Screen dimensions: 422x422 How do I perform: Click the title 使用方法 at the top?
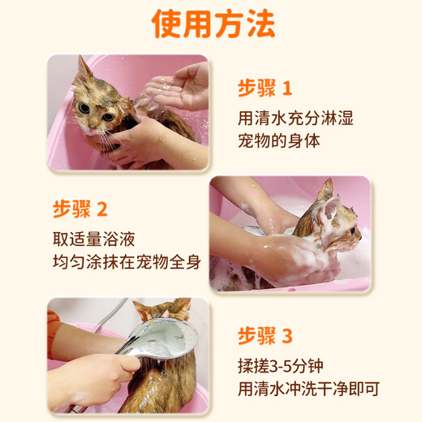[213, 25]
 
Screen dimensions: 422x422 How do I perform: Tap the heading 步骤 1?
[265, 88]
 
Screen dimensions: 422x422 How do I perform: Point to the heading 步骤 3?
[265, 336]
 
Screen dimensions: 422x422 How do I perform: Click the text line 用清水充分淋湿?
[295, 118]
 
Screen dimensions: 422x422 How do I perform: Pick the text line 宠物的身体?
[278, 140]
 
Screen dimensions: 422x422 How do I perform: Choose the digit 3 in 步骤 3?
[287, 336]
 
